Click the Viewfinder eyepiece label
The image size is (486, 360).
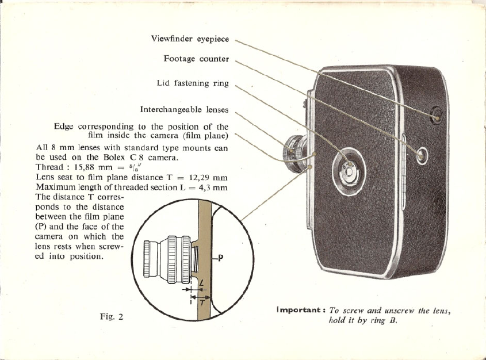pos(190,39)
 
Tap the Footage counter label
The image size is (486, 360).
pos(196,59)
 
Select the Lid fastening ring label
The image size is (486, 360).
pos(193,83)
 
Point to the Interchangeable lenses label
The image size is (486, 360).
pos(184,109)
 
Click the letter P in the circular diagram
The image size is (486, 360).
pos(220,258)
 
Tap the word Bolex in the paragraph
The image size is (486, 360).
pos(114,156)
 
